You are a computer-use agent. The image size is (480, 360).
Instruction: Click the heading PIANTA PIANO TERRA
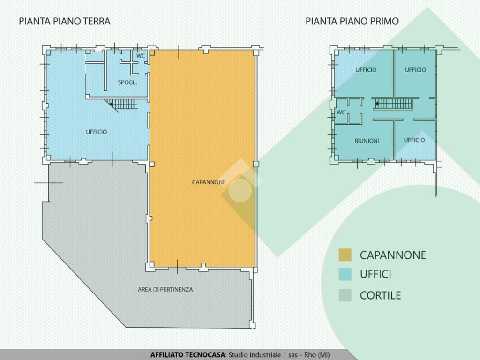(65, 21)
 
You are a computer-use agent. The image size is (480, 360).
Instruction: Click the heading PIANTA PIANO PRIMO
(352, 21)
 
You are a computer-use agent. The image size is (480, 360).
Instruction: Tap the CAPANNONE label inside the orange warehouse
(209, 182)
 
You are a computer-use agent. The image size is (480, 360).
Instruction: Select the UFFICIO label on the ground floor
(97, 132)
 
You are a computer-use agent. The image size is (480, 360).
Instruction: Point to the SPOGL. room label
(127, 82)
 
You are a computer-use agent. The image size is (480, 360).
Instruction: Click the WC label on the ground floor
(141, 56)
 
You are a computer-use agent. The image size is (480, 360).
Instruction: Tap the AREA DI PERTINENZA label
(165, 289)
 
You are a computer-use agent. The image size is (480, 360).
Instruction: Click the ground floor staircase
(121, 104)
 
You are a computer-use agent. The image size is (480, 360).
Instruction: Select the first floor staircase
(393, 104)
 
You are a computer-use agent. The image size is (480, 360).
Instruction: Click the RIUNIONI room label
(367, 141)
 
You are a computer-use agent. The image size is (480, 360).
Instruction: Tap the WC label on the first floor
(341, 112)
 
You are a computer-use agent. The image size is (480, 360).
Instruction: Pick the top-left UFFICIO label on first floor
(366, 70)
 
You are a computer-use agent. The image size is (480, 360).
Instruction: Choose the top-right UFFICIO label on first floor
(415, 70)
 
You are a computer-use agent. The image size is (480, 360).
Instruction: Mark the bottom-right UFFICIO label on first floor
(414, 140)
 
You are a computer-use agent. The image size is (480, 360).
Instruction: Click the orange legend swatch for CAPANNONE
(345, 255)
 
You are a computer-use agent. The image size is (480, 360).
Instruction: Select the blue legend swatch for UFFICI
(345, 274)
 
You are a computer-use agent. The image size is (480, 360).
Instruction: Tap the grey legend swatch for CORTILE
(345, 295)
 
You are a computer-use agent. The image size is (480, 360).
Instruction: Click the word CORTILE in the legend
(380, 295)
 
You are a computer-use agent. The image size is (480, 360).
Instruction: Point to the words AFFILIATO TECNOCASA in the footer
(187, 355)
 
